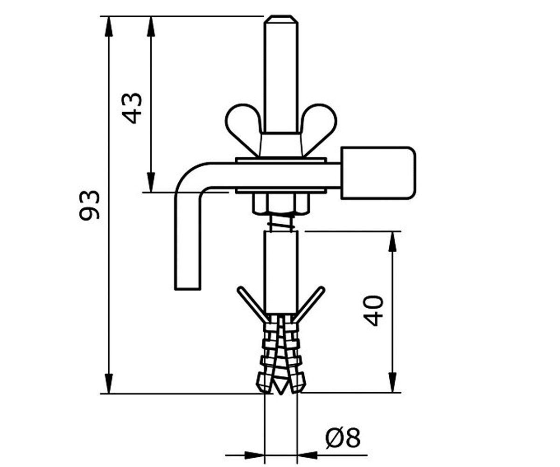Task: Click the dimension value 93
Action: tap(90, 205)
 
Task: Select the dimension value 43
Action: tap(132, 108)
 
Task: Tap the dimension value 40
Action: tap(373, 311)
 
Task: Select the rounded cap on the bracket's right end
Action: tap(378, 173)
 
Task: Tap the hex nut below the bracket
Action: tap(280, 204)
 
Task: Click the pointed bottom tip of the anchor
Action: tap(281, 394)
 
